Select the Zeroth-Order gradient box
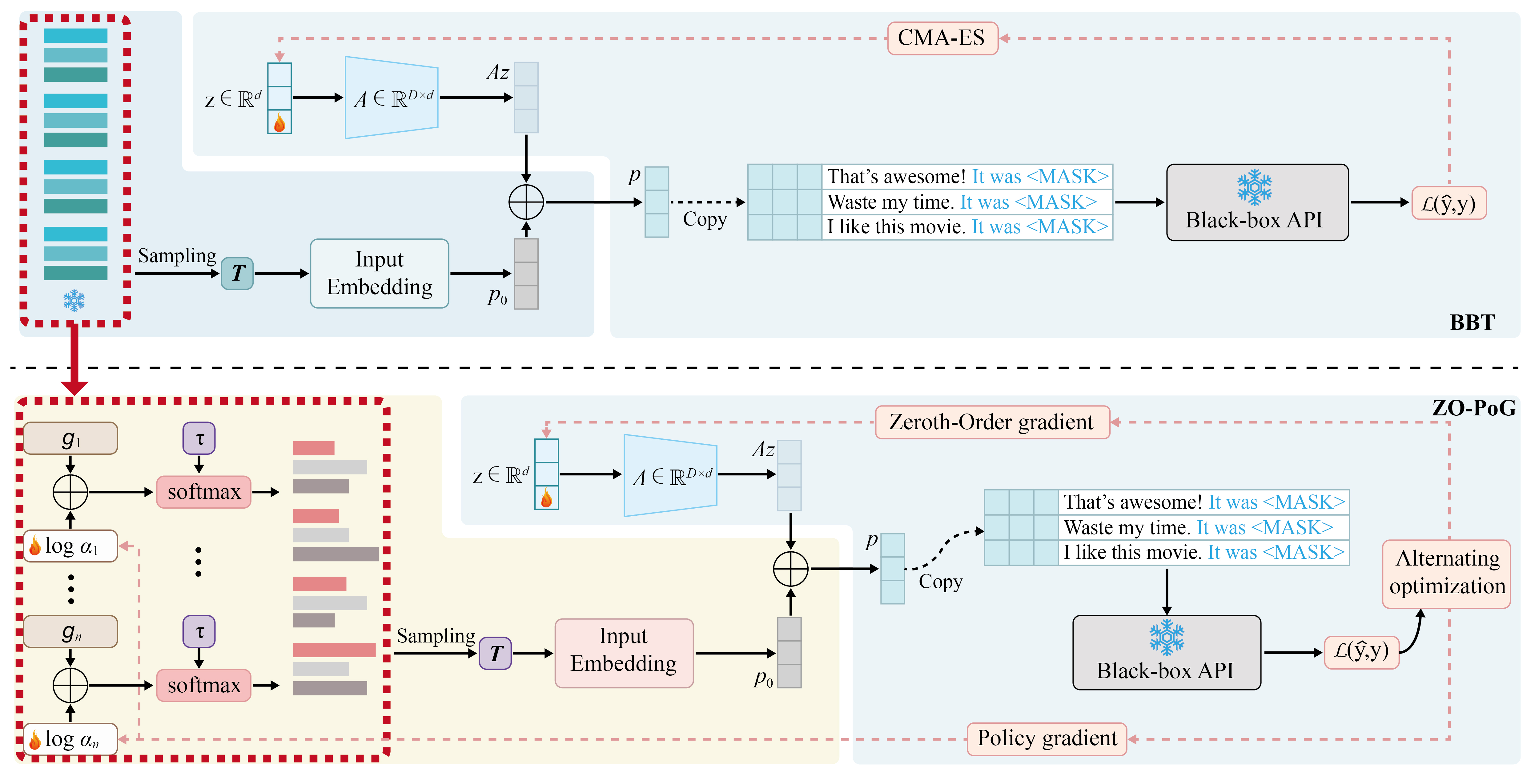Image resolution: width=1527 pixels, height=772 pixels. [992, 422]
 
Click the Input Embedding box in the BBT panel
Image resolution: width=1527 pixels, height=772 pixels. [380, 273]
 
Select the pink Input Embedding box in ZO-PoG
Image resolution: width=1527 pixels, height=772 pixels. [624, 653]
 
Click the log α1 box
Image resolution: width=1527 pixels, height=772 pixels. [70, 546]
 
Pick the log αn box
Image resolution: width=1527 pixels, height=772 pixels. [70, 739]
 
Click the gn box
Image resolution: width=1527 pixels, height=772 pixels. [70, 632]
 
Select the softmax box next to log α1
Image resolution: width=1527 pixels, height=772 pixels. [204, 492]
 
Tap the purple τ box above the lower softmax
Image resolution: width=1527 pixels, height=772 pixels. [199, 632]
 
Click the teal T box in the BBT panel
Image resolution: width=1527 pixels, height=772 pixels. [237, 273]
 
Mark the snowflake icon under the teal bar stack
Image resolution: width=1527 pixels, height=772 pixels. [74, 300]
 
